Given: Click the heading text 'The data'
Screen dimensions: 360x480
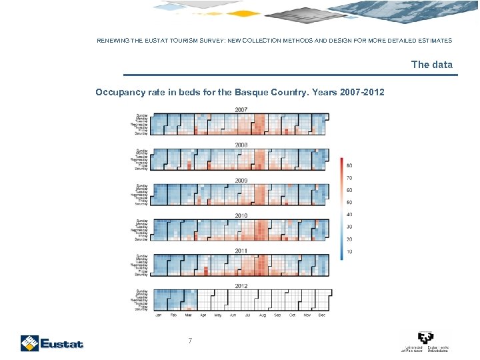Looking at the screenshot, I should pos(431,65).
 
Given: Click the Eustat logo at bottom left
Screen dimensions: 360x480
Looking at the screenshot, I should pos(51,343).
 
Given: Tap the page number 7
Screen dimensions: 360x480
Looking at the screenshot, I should pos(190,341).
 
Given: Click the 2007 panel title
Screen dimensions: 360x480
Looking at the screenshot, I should pos(241,109).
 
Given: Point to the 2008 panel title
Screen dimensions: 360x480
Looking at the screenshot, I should pos(241,145).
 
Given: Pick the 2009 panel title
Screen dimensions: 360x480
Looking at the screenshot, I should pos(241,180).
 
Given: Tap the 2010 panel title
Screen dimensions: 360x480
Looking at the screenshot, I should pos(241,215).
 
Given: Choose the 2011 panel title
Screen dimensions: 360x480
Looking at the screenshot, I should pos(241,251).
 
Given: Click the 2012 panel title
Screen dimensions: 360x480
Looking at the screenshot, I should pos(241,286).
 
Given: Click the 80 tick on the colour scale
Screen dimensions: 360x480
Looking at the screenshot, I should pos(349,165).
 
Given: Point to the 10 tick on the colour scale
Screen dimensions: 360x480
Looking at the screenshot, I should pos(349,251).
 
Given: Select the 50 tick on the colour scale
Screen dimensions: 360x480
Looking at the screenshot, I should pos(349,203).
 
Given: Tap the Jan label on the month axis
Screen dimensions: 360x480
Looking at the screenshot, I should pos(159,315).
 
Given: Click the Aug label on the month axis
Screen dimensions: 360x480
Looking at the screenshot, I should pos(262,315).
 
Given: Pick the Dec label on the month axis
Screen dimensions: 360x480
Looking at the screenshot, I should pos(321,315).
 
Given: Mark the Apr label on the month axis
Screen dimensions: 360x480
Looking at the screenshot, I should pos(203,315).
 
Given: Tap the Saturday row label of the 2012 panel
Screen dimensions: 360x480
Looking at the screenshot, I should pos(141,309).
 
